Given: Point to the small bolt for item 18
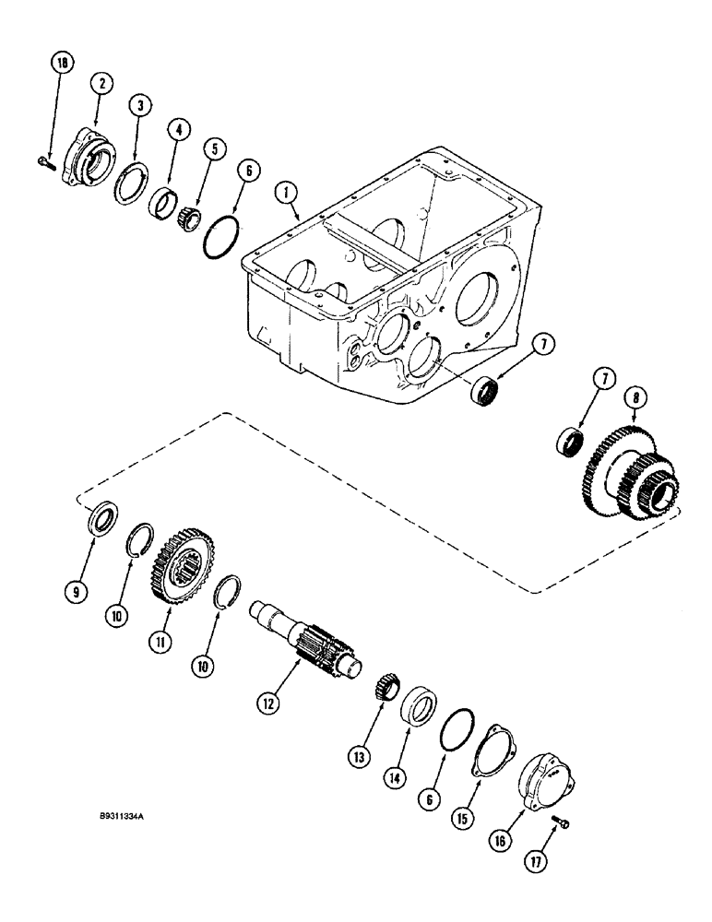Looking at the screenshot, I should point(46,162).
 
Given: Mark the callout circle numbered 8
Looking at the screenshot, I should point(632,373).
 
